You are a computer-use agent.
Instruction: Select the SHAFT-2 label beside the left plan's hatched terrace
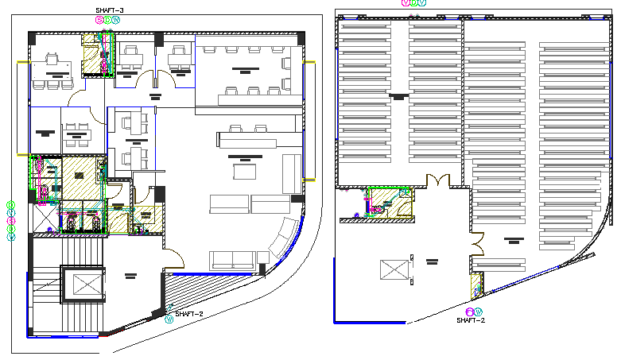click(x=188, y=314)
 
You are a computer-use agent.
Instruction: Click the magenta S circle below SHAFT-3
click(x=99, y=20)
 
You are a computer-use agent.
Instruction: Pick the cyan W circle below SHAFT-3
click(x=117, y=20)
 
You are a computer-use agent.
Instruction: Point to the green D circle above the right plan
click(x=413, y=3)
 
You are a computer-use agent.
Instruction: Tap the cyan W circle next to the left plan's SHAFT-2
click(x=169, y=320)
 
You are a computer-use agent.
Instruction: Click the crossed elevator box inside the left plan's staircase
click(x=83, y=285)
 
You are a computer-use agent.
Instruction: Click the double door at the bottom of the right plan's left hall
click(x=436, y=180)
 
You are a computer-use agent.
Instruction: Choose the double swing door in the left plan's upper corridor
click(x=153, y=79)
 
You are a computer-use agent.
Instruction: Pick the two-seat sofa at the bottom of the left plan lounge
click(x=232, y=261)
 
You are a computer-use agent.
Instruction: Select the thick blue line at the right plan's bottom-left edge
click(x=369, y=321)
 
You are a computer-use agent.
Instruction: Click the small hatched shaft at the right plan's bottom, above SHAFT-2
click(x=478, y=286)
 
